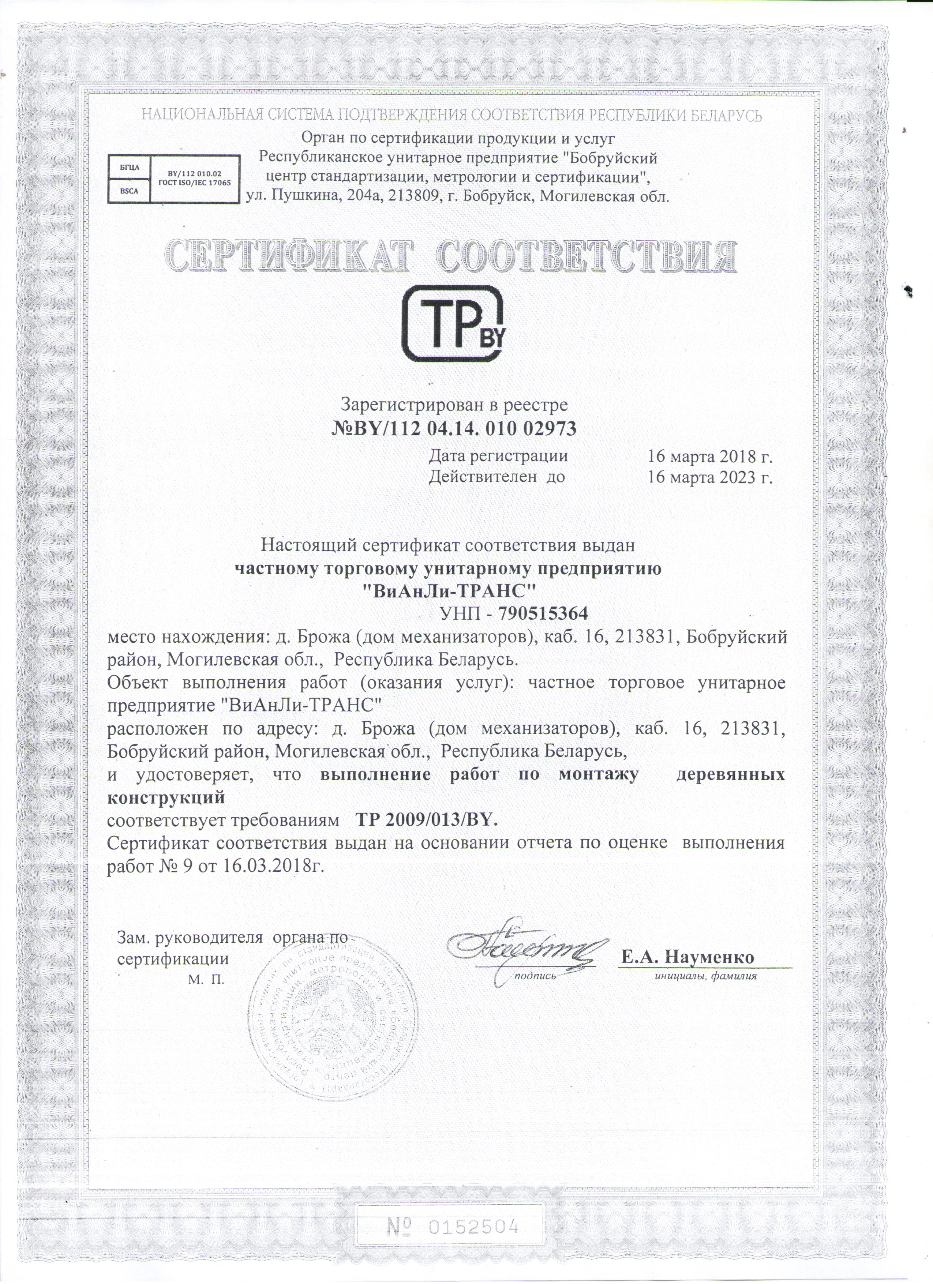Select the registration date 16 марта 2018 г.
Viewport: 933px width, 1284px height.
710,456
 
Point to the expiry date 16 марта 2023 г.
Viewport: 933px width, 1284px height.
710,477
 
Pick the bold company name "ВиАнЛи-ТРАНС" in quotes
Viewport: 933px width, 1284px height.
448,592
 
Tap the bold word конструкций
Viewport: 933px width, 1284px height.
166,798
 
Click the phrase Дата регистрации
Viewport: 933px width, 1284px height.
498,456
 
